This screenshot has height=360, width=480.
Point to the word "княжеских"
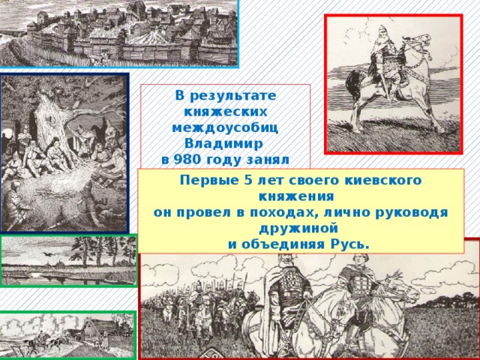coord(226,111)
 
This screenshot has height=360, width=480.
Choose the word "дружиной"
coord(301,228)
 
